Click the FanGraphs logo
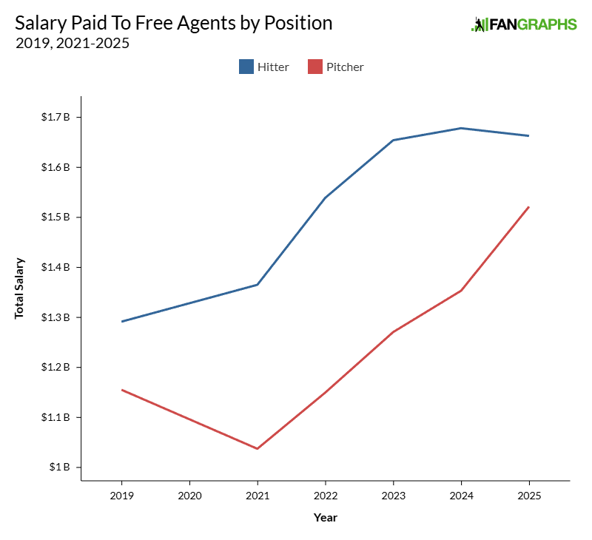pyautogui.click(x=524, y=24)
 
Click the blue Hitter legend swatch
pyautogui.click(x=246, y=67)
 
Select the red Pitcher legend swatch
pyautogui.click(x=315, y=67)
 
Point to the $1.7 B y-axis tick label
pyautogui.click(x=55, y=117)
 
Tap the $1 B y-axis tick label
pyautogui.click(x=59, y=468)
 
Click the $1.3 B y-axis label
pyautogui.click(x=55, y=317)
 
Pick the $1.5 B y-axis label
pyautogui.click(x=55, y=217)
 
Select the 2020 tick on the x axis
pyautogui.click(x=189, y=495)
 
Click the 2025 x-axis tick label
pyautogui.click(x=529, y=495)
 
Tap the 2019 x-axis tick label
pyautogui.click(x=121, y=495)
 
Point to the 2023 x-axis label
pyautogui.click(x=393, y=495)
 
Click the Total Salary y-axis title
pyautogui.click(x=20, y=288)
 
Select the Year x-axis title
pyautogui.click(x=325, y=517)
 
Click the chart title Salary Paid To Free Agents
pyautogui.click(x=174, y=22)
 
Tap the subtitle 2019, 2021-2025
pyautogui.click(x=73, y=43)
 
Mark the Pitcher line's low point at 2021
pyautogui.click(x=258, y=448)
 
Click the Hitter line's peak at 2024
pyautogui.click(x=461, y=128)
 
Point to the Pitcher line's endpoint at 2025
pyautogui.click(x=529, y=207)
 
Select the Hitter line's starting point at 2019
pyautogui.click(x=121, y=321)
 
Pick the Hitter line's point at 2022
pyautogui.click(x=325, y=198)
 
